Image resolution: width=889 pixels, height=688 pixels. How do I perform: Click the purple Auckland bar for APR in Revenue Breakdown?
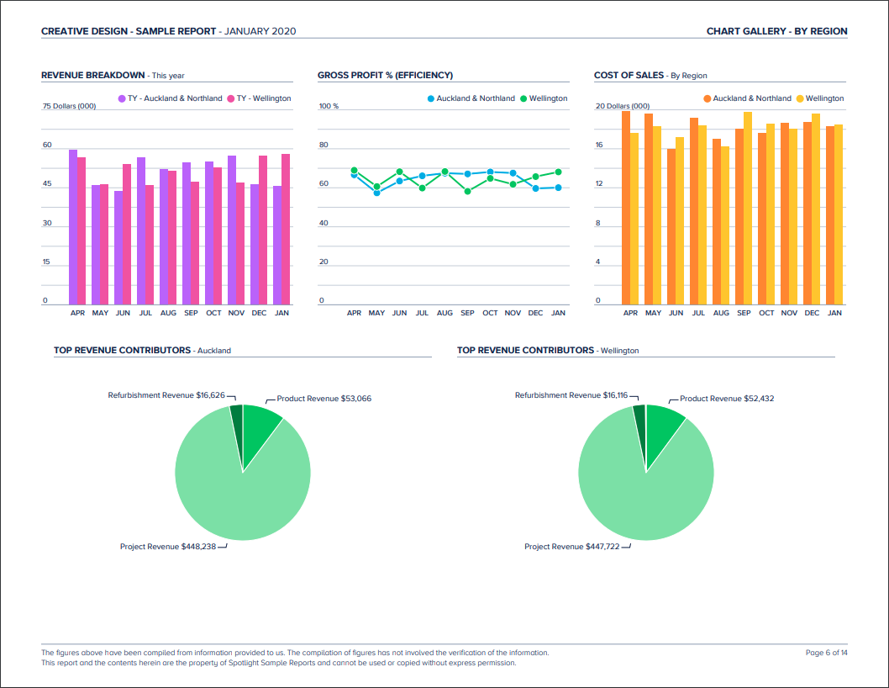[73, 227]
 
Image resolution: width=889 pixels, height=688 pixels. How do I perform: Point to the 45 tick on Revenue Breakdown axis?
[47, 184]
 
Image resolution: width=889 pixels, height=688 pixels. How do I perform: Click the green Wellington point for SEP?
[467, 191]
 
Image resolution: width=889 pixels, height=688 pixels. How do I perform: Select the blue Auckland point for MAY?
[376, 193]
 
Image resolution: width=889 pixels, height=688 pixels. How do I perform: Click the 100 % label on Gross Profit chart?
[329, 107]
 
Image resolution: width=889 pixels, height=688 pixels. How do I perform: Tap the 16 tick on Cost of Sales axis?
[599, 146]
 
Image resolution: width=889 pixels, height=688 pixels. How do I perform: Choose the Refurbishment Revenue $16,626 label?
[166, 394]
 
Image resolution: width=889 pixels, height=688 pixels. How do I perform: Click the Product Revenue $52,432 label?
[726, 399]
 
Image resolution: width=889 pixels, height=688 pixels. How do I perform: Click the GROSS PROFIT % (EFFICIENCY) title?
[385, 76]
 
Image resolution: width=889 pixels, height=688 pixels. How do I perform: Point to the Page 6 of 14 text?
[826, 653]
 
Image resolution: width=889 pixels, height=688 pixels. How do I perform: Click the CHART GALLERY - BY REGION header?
[776, 31]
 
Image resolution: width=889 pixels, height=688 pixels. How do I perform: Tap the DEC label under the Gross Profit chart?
[535, 313]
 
